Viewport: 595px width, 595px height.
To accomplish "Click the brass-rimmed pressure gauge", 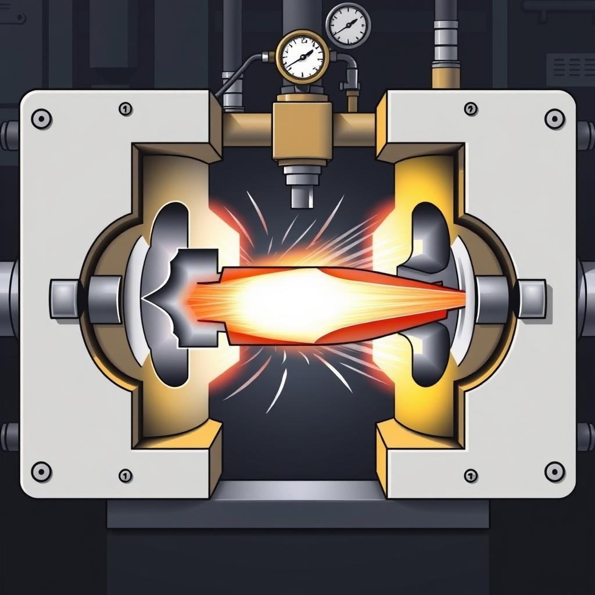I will [302, 57].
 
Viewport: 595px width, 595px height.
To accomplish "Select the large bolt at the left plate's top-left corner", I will [41, 119].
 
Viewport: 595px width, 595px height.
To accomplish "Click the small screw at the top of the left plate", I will [126, 109].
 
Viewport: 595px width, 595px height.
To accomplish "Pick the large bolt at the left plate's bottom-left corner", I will [41, 471].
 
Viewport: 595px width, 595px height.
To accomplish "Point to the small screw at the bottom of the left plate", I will [126, 475].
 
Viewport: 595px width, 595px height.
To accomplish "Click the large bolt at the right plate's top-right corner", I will [555, 119].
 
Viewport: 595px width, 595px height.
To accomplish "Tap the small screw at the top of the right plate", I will [471, 109].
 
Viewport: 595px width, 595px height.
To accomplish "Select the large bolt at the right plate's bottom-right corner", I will [555, 471].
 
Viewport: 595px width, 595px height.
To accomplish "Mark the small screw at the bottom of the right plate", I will [471, 475].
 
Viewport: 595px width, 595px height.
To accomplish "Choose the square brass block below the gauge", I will [302, 130].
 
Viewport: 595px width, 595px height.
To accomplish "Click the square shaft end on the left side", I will [64, 299].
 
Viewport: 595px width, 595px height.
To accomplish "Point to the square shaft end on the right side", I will [532, 299].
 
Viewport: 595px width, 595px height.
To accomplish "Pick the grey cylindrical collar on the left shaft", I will [105, 299].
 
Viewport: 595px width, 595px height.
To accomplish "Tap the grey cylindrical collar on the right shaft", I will [492, 299].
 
